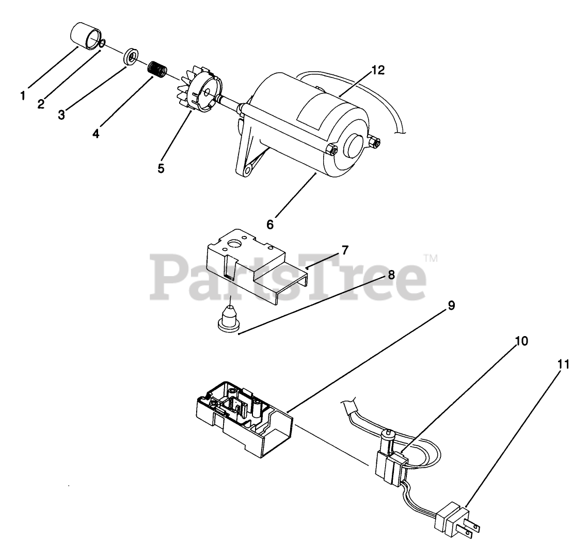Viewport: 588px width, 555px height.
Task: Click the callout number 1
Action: (x=23, y=96)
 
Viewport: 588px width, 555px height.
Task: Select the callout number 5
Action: (x=161, y=168)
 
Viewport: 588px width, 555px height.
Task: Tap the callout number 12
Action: (x=378, y=70)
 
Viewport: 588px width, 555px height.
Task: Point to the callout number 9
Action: (x=451, y=306)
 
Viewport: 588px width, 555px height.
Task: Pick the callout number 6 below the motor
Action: (x=270, y=225)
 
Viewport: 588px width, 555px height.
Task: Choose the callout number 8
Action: (x=391, y=275)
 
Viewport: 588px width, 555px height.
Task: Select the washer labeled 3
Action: (x=131, y=56)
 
